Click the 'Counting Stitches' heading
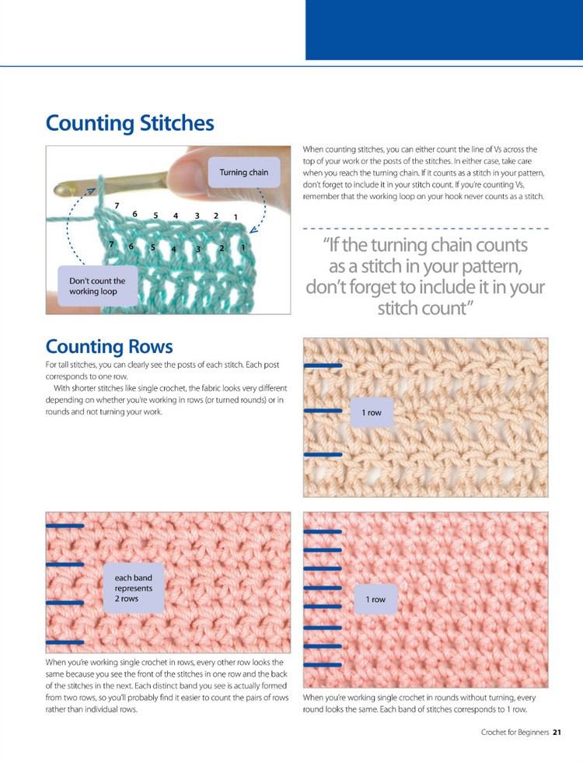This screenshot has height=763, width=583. (130, 124)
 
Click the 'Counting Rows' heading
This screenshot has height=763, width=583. (109, 346)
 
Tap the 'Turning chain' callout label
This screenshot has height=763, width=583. (243, 173)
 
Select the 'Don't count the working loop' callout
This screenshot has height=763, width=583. (97, 286)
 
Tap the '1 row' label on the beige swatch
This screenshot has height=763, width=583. (372, 413)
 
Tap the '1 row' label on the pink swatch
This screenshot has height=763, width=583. (375, 600)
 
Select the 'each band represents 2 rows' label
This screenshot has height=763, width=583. (134, 589)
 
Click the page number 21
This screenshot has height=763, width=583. (557, 732)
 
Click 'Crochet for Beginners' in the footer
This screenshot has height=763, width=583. (515, 732)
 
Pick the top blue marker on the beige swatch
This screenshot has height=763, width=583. (323, 366)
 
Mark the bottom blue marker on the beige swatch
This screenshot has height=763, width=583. (323, 453)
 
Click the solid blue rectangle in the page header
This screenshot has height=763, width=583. (444, 30)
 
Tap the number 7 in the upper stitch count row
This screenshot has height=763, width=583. (117, 205)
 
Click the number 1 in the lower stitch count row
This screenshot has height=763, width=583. (243, 247)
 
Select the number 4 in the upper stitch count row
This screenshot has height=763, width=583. (176, 215)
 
